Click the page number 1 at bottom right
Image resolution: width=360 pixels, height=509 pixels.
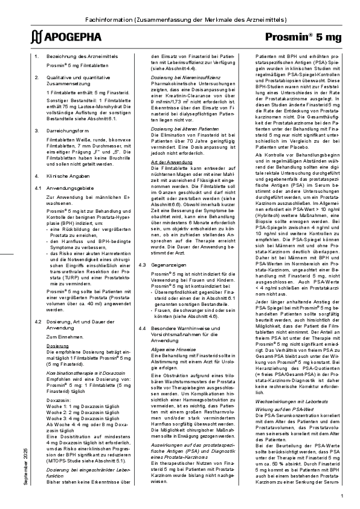click(x=342, y=495)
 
